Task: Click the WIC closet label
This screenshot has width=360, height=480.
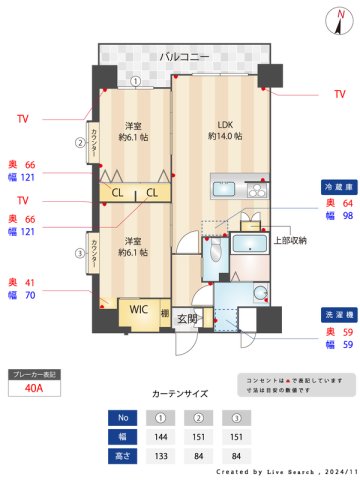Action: [137, 310]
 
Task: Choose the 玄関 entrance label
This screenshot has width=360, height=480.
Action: [187, 319]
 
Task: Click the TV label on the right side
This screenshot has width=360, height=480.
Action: [339, 94]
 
